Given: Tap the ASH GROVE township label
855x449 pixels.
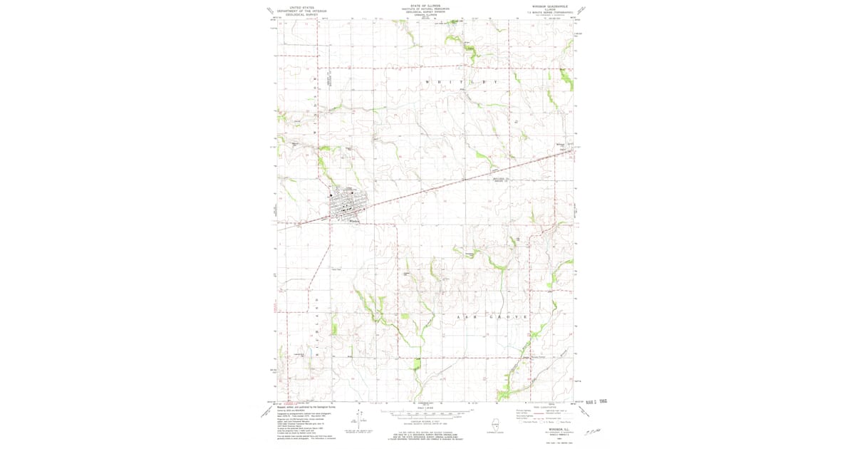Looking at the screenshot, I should pos(492,316).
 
